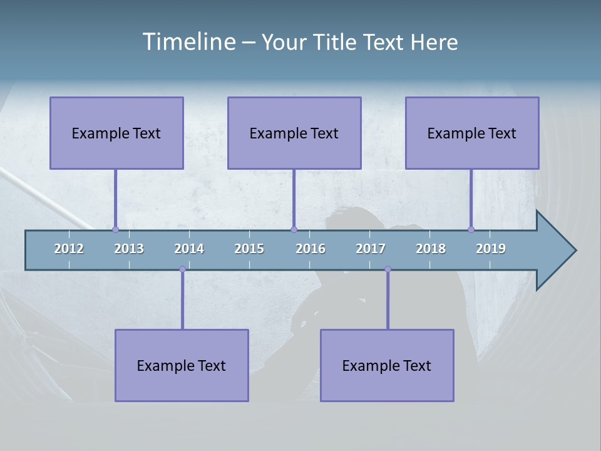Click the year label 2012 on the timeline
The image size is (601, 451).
point(69,249)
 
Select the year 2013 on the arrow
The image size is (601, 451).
point(129,249)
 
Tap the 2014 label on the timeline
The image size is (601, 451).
point(189,249)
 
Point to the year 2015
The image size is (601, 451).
point(249,249)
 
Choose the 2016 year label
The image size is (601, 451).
point(311,249)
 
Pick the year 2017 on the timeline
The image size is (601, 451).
point(371,249)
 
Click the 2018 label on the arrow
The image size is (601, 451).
point(431,249)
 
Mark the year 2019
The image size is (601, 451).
point(491,249)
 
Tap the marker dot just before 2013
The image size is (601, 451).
point(115,230)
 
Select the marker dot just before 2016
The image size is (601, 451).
point(294,230)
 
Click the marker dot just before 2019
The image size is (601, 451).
point(471,230)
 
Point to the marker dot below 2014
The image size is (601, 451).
point(182,269)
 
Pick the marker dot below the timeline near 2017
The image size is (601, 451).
point(388,269)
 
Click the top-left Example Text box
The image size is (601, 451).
point(116,133)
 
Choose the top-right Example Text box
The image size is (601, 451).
point(472,133)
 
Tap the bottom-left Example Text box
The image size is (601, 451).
point(182,365)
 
